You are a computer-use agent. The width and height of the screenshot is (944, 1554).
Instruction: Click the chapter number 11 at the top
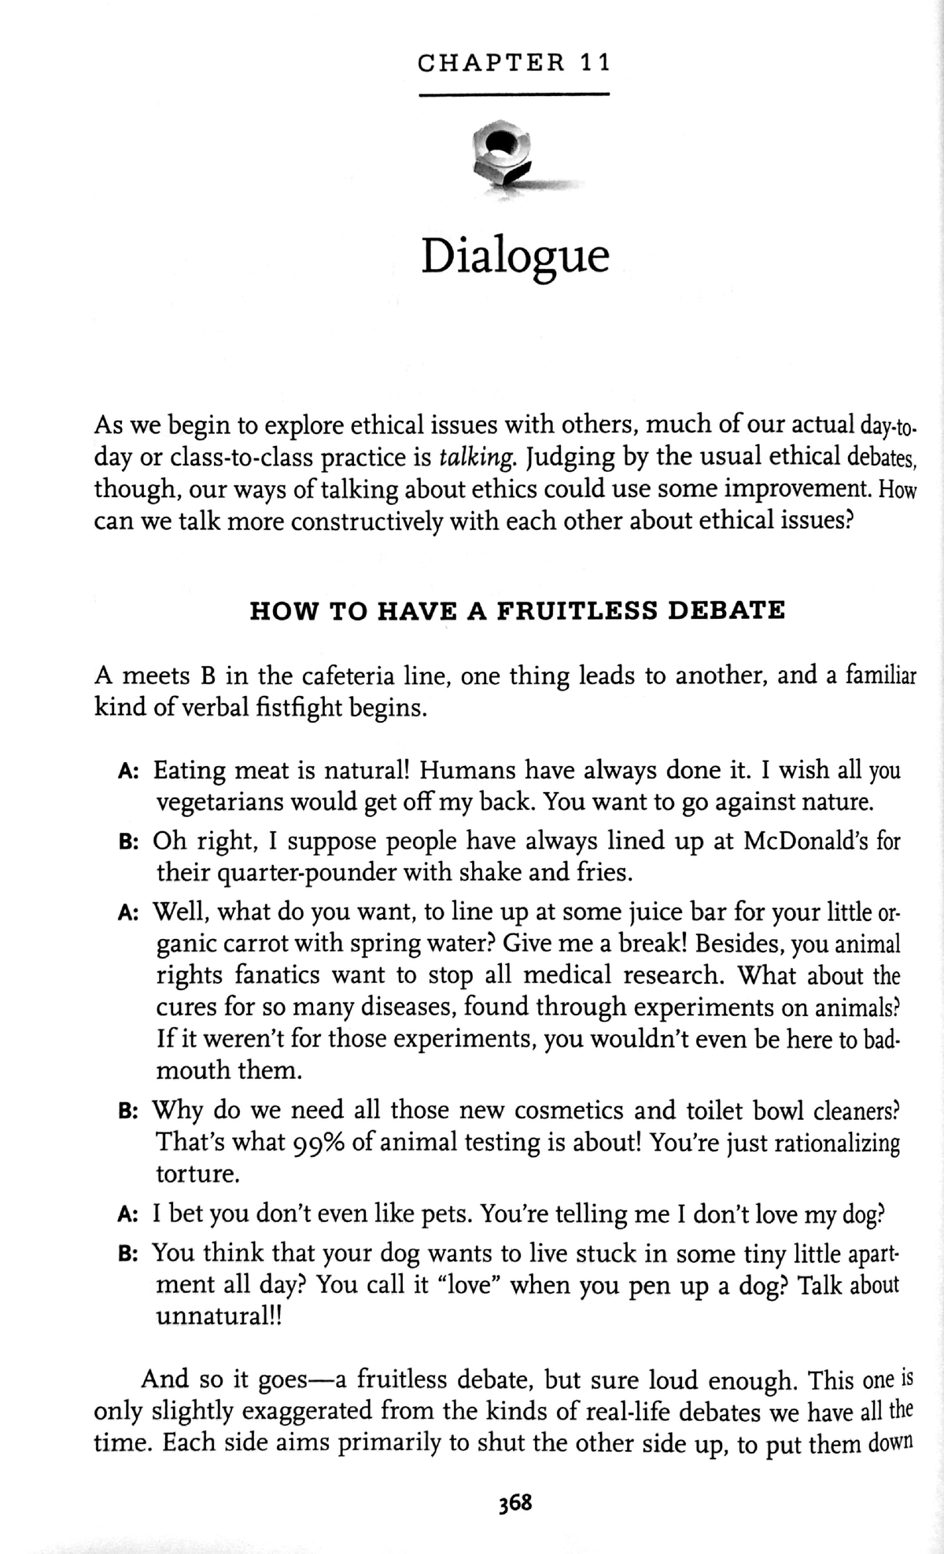[x=594, y=63]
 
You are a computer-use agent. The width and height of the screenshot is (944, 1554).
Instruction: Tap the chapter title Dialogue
[x=515, y=256]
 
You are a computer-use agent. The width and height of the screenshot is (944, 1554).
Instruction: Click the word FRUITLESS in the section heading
[x=577, y=610]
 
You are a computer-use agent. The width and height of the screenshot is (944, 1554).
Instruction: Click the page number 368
[x=515, y=1503]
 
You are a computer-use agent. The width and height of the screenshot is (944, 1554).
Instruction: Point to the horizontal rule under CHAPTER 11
[x=515, y=94]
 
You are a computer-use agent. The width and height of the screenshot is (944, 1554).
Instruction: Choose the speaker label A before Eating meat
[x=127, y=771]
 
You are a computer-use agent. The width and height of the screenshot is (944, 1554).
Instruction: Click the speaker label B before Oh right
[x=127, y=841]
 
